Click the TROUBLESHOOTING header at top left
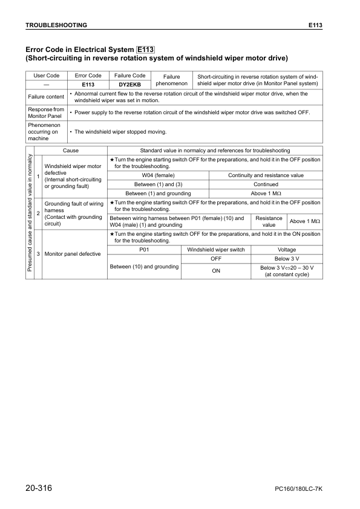coord(56,25)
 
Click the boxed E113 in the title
coord(145,50)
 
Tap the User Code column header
coord(46,76)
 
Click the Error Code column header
coord(87,76)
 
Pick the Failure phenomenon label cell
coord(172,80)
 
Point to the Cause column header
coord(70,150)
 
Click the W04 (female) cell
coord(158,175)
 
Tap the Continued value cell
coord(266,184)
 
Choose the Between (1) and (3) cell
coord(158,184)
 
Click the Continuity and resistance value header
coord(266,175)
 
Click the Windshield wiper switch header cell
coord(216,249)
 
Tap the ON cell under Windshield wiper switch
coord(216,271)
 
